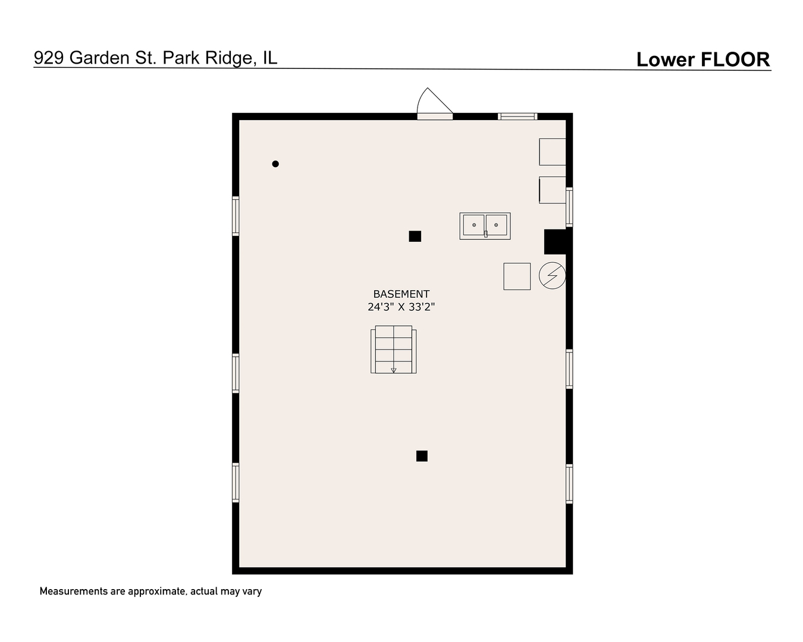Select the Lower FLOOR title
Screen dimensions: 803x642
coord(703,59)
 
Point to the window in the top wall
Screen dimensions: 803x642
coord(517,117)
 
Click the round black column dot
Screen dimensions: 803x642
coord(275,163)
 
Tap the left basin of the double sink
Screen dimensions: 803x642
coord(473,225)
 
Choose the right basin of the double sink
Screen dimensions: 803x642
coord(496,225)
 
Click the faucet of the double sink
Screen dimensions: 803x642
coord(486,234)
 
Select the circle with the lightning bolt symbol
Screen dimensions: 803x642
coord(552,276)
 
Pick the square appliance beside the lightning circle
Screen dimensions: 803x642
coord(517,276)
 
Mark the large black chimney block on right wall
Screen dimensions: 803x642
coord(556,242)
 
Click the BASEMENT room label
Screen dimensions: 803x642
coord(401,294)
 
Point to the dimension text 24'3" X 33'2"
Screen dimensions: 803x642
coord(401,307)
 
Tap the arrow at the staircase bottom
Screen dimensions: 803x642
coord(393,370)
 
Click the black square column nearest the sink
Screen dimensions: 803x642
coord(415,236)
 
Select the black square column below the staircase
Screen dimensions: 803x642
coord(422,456)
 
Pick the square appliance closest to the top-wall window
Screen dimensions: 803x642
coord(552,152)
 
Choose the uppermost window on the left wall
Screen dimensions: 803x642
coord(236,216)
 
